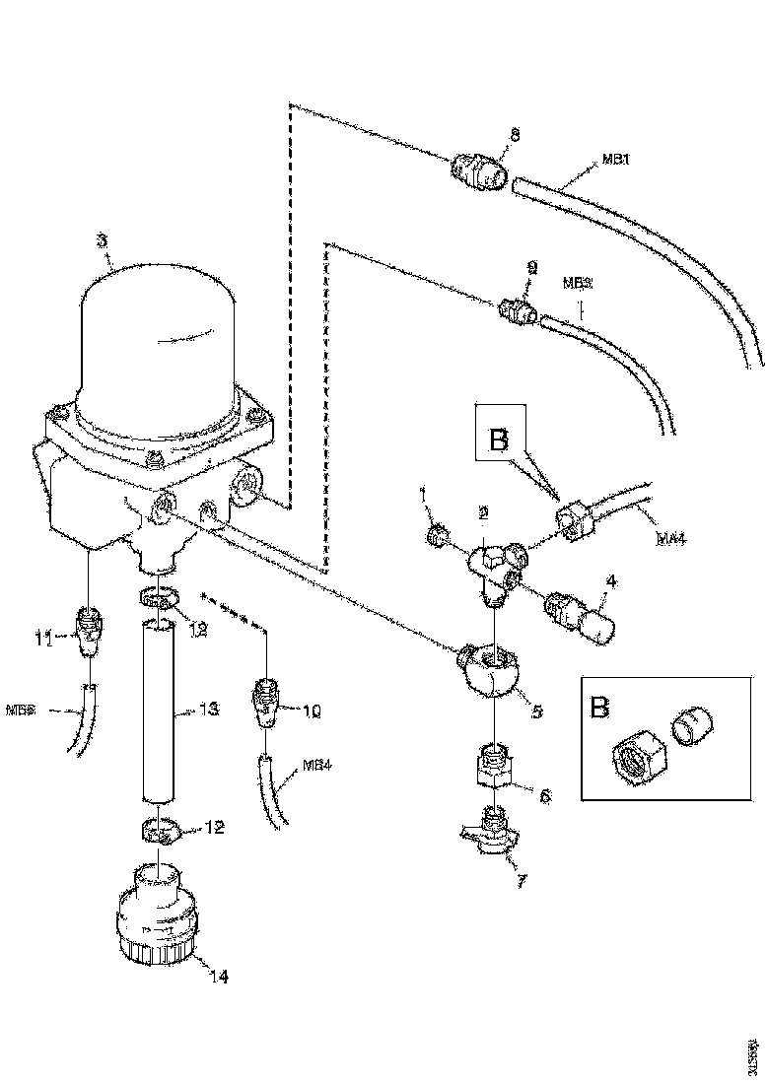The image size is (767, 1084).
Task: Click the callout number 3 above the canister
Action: (x=102, y=239)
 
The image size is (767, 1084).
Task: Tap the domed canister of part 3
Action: (x=158, y=335)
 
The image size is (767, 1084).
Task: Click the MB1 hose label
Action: (x=616, y=159)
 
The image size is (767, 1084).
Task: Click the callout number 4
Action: (x=611, y=582)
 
